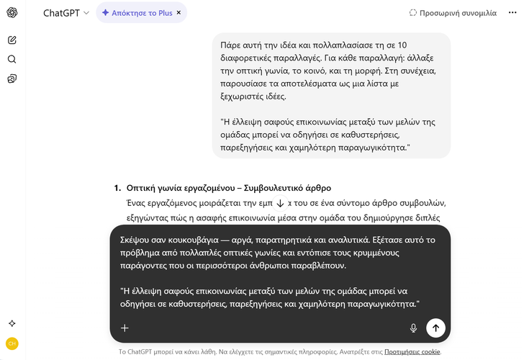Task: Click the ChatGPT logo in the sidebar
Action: (12, 12)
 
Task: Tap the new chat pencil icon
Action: (12, 40)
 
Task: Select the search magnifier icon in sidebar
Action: (12, 59)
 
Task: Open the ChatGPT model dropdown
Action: (66, 13)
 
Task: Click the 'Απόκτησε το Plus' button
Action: (137, 13)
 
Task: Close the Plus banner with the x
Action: (179, 13)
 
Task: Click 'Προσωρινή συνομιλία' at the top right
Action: (453, 13)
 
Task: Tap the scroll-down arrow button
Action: (280, 204)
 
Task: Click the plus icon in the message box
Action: (125, 328)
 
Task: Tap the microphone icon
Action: (413, 328)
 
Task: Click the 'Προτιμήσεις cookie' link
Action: (412, 352)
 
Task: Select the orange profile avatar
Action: (12, 343)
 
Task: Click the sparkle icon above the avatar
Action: (12, 323)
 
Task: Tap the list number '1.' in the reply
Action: (117, 187)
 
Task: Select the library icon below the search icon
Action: (12, 78)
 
